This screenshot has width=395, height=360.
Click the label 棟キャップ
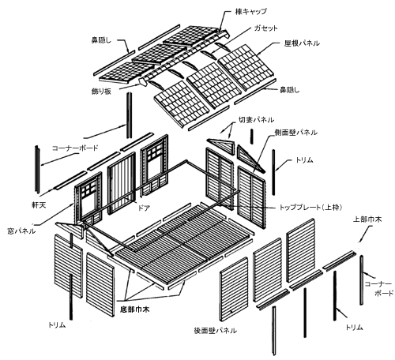click(250, 12)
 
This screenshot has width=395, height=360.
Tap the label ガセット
click(265, 28)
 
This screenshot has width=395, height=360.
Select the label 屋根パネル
click(302, 43)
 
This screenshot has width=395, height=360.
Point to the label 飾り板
click(101, 92)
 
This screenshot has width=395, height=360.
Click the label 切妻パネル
click(256, 120)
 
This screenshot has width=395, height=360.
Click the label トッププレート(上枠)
click(310, 208)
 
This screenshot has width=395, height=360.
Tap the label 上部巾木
click(367, 219)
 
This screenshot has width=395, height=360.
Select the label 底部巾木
click(135, 309)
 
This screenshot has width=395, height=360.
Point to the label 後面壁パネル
click(215, 331)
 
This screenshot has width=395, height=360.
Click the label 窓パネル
click(21, 231)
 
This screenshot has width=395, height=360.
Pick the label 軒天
click(39, 205)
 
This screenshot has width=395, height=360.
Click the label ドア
click(144, 208)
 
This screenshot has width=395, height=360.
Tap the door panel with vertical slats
click(122, 183)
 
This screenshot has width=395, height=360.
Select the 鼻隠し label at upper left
click(101, 40)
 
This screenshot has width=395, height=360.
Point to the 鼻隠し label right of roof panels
click(289, 90)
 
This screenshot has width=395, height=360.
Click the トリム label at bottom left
click(57, 325)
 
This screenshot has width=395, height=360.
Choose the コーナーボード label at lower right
click(378, 289)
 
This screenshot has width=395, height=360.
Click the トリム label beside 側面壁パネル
click(304, 159)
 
